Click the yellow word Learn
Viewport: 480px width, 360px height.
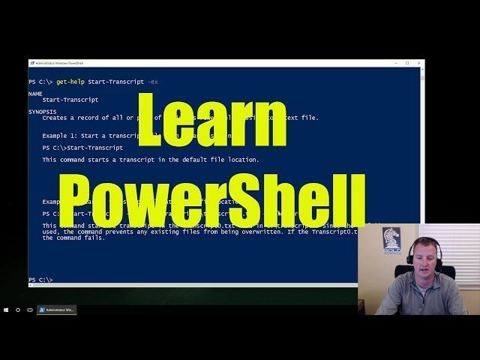point(212,120)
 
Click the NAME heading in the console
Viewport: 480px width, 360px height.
point(35,94)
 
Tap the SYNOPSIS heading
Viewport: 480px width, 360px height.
point(43,112)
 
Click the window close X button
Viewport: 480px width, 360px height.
point(418,63)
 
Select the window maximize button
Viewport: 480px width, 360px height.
point(407,63)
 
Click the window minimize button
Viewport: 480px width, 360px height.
point(396,63)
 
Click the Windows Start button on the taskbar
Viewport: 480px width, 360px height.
point(7,310)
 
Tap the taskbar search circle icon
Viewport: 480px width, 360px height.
point(18,310)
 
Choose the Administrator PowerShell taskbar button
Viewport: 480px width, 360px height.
point(57,310)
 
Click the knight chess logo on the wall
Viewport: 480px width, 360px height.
point(391,240)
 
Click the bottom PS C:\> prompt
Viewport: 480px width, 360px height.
point(40,280)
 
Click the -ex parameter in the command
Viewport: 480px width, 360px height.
point(153,81)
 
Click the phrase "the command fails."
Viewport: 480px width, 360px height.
point(73,238)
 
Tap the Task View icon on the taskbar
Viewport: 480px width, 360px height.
point(30,310)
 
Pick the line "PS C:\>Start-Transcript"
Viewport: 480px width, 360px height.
point(82,148)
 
